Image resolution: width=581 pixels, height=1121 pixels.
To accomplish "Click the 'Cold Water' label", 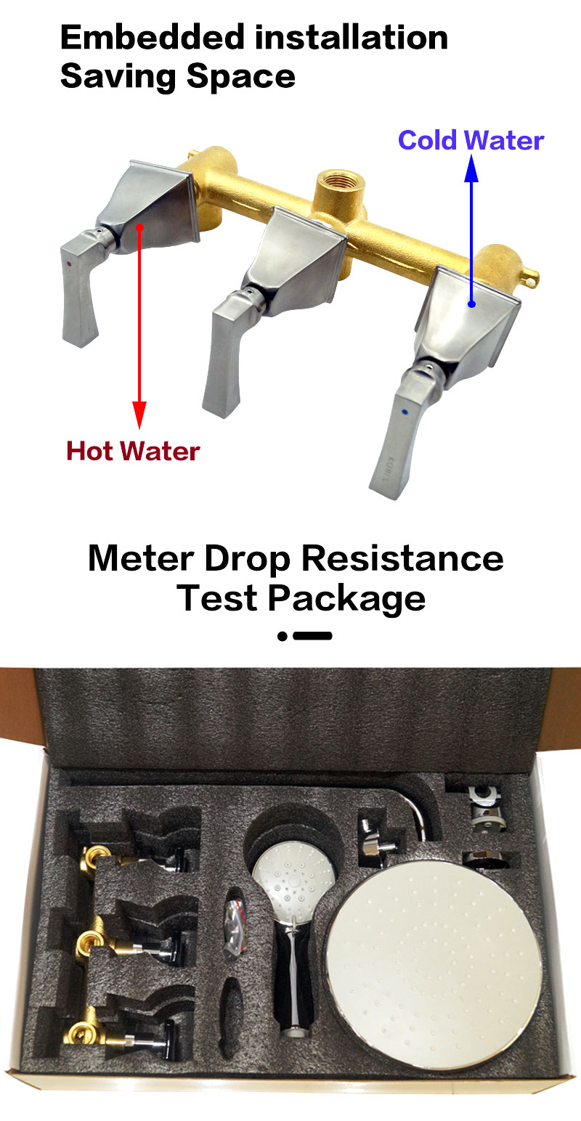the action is point(471,140).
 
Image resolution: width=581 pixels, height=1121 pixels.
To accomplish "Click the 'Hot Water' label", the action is point(133,451).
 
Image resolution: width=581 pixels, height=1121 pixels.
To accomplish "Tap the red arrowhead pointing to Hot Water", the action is point(139,415).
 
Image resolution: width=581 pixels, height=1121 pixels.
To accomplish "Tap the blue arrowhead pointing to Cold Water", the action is point(471,168).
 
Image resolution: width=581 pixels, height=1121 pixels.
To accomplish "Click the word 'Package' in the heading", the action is point(346,599).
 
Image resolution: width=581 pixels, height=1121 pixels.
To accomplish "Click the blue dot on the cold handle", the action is point(405,413).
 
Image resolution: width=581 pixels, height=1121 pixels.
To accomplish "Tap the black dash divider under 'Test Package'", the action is point(305,636).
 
